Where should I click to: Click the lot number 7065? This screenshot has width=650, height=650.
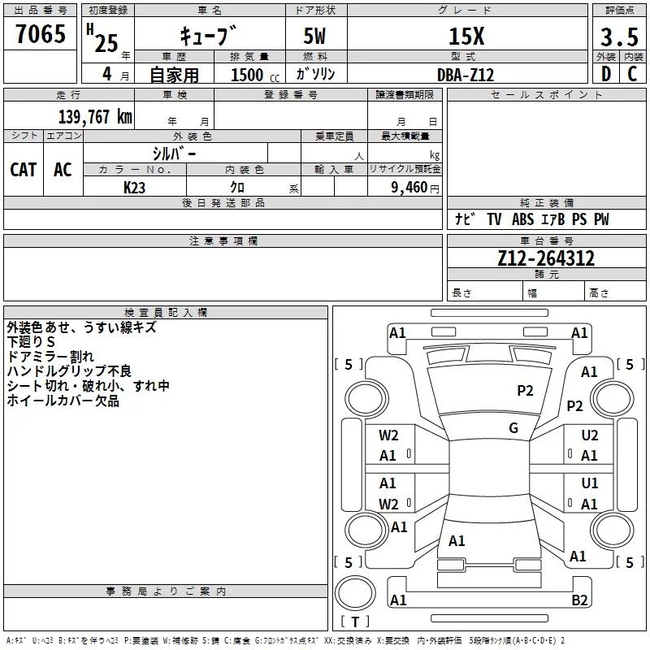click(41, 34)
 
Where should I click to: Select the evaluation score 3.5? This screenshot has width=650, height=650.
click(619, 37)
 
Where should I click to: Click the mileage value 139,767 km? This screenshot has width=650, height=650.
click(95, 117)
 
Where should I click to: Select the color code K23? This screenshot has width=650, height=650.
click(135, 187)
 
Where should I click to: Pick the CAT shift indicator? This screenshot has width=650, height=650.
click(23, 170)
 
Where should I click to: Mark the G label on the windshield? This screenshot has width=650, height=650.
click(513, 428)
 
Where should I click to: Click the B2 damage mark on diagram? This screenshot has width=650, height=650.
click(579, 600)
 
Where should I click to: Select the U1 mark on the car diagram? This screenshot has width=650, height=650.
click(590, 483)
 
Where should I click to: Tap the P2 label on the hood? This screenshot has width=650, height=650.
click(526, 391)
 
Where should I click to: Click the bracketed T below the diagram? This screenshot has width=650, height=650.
click(354, 622)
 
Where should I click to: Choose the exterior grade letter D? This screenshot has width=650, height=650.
click(606, 74)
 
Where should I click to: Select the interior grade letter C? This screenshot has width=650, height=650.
click(633, 74)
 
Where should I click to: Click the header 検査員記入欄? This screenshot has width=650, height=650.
click(166, 312)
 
